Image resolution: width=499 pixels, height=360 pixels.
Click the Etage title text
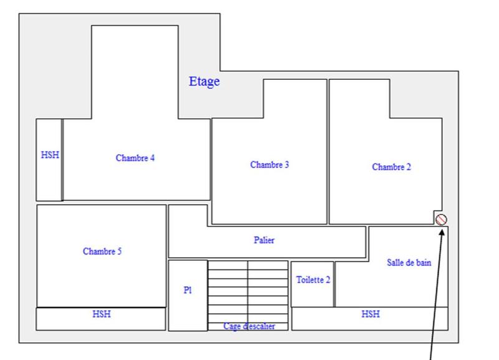tap(204, 81)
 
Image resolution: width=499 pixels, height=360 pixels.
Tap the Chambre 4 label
tap(135, 158)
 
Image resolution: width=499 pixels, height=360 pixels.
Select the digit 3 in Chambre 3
tap(287, 165)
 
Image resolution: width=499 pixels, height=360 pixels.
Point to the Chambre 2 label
tap(391, 167)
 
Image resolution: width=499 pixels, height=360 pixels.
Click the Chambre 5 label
tap(102, 251)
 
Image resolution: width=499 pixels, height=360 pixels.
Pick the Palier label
tap(264, 240)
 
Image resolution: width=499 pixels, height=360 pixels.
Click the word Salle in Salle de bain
tap(395, 263)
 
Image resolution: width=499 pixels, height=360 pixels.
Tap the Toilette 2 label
tap(312, 280)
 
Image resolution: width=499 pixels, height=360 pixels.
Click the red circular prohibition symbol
tap(442, 220)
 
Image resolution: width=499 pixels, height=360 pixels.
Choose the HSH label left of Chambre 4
tap(50, 155)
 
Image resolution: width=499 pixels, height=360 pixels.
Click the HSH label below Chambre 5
tap(102, 314)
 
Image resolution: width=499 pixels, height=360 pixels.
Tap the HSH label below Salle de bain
tap(370, 314)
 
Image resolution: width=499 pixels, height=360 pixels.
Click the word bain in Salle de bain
tap(423, 263)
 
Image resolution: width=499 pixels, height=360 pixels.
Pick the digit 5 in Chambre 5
tap(119, 251)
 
